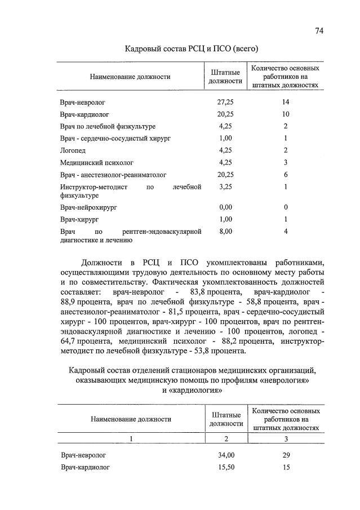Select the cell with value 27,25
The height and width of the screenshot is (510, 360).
coord(225,102)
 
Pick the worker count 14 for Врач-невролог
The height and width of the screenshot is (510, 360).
coord(286,102)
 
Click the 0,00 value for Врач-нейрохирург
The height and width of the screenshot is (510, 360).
coord(225,207)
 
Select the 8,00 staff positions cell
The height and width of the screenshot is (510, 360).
coord(225,231)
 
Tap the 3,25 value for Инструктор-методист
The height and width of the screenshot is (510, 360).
coord(225,187)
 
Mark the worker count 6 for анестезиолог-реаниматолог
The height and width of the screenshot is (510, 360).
coord(286,175)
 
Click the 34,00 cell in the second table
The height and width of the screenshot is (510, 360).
coord(226,455)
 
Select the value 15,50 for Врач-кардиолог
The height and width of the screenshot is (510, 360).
coord(226,467)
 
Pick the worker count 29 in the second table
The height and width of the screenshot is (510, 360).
coord(286,455)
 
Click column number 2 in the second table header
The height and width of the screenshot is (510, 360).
coord(226,438)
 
